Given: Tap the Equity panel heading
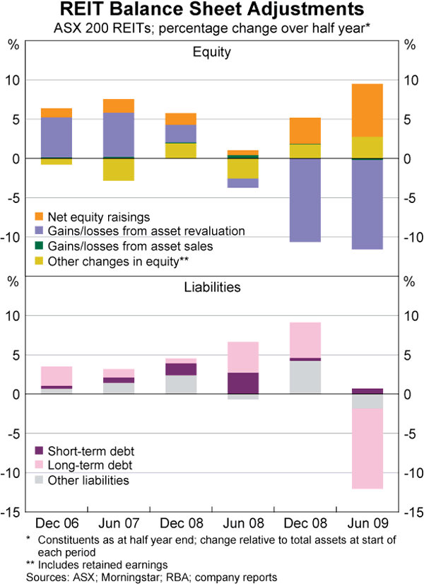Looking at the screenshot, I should coord(212,52).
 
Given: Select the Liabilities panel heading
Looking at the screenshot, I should coord(212,287).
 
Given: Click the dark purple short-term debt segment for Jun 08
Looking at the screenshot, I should coord(243,382).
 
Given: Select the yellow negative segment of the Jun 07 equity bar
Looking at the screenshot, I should coord(119,170).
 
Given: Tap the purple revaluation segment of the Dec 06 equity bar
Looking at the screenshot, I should coord(57,137).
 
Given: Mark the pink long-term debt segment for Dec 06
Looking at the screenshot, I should coord(57,376).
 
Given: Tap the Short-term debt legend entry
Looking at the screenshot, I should coord(88,450).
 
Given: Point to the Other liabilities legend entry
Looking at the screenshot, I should coord(88,481).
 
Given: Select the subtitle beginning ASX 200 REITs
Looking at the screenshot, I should coord(212,29).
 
